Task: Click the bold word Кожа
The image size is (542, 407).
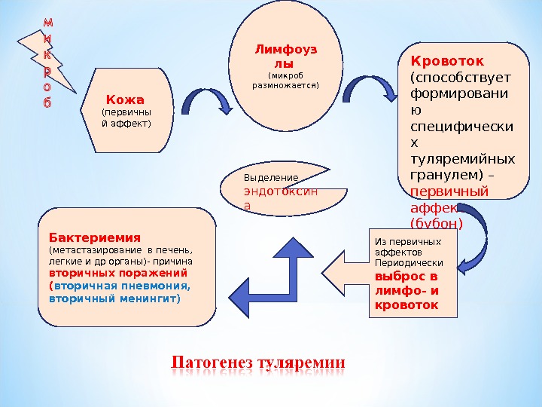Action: tap(125, 99)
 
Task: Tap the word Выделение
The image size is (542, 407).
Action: tap(271, 178)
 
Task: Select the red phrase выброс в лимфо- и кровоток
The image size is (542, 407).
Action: tap(405, 291)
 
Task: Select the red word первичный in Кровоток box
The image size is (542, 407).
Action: tap(449, 191)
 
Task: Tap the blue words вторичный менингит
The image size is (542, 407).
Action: tap(114, 298)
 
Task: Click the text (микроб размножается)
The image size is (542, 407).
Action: tap(285, 80)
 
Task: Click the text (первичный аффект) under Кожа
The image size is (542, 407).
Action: tap(126, 118)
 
